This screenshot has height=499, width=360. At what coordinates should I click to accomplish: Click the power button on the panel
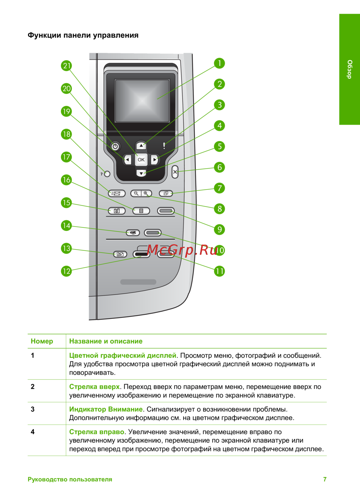(115, 146)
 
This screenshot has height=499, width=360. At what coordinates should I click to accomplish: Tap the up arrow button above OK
(141, 146)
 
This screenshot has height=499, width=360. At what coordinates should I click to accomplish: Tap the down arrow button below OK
(141, 173)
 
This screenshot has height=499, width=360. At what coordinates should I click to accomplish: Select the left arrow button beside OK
(127, 160)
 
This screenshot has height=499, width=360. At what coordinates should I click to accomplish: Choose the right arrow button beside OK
(155, 160)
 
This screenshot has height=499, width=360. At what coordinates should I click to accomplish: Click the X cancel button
(175, 172)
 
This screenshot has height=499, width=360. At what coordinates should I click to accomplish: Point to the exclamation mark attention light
(164, 146)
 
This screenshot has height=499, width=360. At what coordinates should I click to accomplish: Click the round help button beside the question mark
(107, 174)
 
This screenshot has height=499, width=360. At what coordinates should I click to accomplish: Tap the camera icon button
(117, 211)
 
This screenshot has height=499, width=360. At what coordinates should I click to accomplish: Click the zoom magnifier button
(141, 193)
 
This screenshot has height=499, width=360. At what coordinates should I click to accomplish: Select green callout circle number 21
(66, 66)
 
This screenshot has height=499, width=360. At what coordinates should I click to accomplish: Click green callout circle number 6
(220, 167)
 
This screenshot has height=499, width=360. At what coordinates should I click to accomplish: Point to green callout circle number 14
(66, 226)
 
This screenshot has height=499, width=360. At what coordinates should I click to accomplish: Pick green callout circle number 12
(66, 271)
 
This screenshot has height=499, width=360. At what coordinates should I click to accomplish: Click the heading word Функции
(44, 35)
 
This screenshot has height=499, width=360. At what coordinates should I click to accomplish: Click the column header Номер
(42, 341)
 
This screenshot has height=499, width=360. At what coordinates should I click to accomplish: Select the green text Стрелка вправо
(96, 432)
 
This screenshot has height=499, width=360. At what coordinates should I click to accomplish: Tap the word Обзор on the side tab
(350, 69)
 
